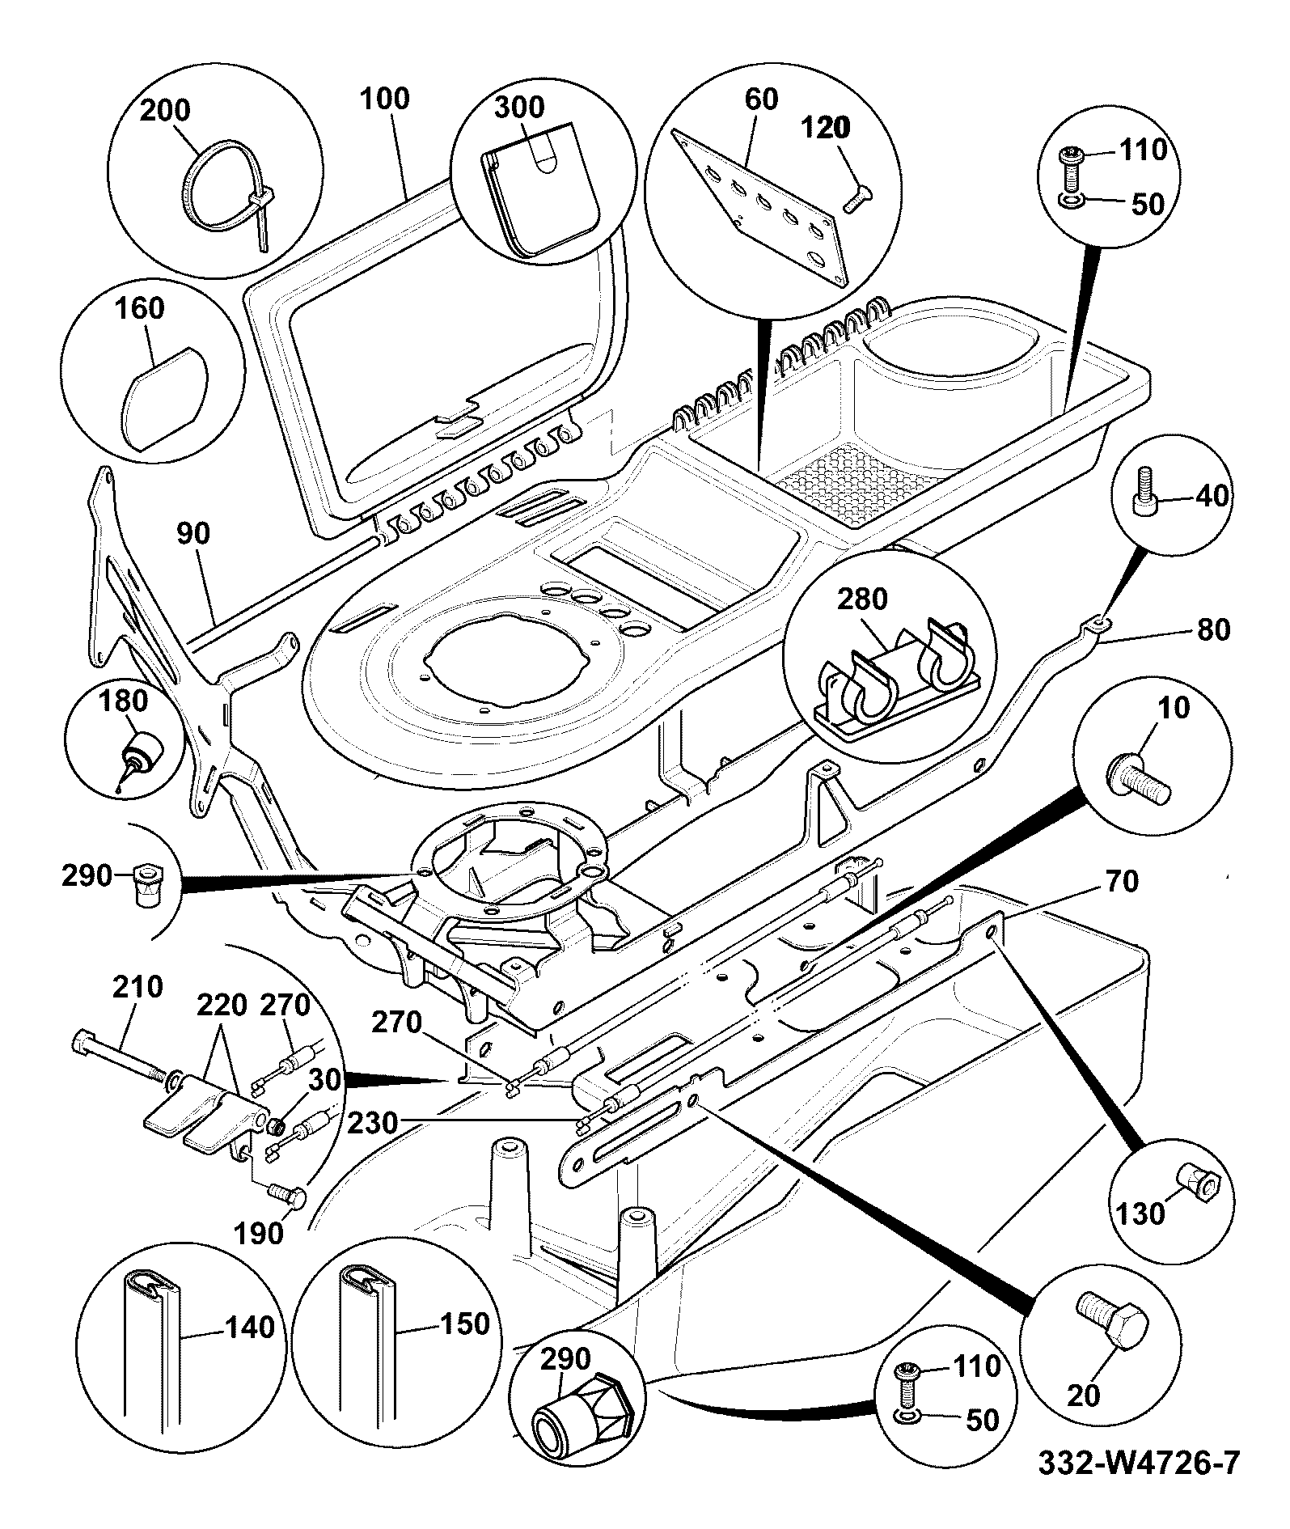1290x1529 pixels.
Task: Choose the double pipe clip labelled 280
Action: pyautogui.click(x=898, y=680)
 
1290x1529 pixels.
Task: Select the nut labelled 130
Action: pyautogui.click(x=1195, y=1184)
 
